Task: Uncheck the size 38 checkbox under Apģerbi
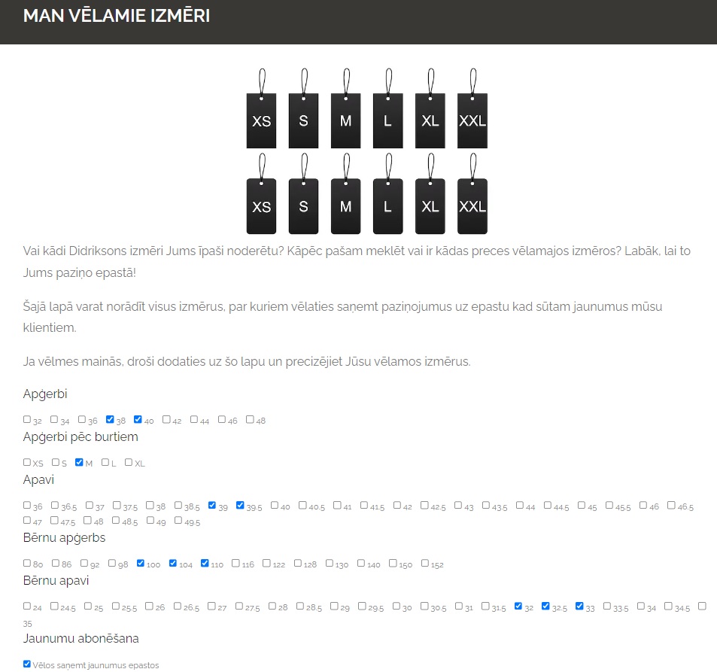(x=110, y=419)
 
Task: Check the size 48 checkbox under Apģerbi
(x=250, y=419)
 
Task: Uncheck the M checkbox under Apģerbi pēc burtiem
(x=79, y=462)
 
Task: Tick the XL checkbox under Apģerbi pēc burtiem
(x=129, y=462)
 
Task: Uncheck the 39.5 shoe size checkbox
(x=240, y=505)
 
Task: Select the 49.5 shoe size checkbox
(x=178, y=520)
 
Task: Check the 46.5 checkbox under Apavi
(x=671, y=505)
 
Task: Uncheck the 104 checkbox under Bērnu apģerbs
(x=173, y=563)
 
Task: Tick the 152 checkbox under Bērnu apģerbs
(x=425, y=563)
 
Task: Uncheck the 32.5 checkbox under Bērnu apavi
(x=545, y=606)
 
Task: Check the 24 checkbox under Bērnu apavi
(x=27, y=606)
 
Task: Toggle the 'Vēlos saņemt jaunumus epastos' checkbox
(x=27, y=664)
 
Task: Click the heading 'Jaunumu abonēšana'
(x=81, y=639)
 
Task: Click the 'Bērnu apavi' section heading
(x=56, y=580)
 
